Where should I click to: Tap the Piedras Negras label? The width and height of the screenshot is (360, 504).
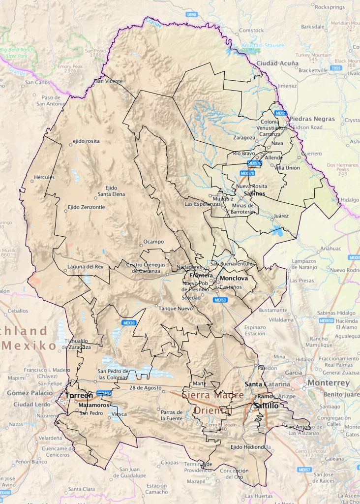point(312,119)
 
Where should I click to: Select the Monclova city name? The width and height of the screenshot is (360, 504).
point(234,278)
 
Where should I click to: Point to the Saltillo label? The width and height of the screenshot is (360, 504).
point(266,406)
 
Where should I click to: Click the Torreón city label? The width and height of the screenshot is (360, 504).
point(79,396)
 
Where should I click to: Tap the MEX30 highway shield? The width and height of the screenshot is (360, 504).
point(129,323)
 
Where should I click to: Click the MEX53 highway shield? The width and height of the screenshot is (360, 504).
point(220,300)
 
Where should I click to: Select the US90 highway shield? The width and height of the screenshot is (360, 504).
point(192,15)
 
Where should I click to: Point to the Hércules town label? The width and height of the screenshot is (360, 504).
point(44,177)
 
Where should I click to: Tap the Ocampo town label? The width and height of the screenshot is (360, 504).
point(153,242)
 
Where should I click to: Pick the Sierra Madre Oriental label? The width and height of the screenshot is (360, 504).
point(212,403)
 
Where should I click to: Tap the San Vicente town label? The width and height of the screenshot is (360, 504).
point(109,81)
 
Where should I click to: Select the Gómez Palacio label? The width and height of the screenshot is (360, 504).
point(30,393)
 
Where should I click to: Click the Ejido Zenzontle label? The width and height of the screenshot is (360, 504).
point(86,207)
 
